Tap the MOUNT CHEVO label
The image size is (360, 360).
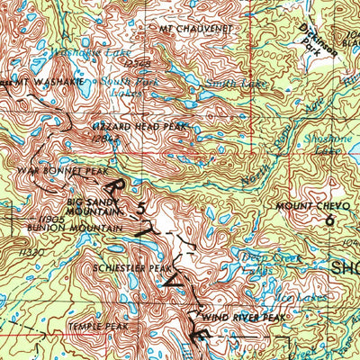coord(309,207)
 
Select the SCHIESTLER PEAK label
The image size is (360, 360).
coord(131,268)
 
